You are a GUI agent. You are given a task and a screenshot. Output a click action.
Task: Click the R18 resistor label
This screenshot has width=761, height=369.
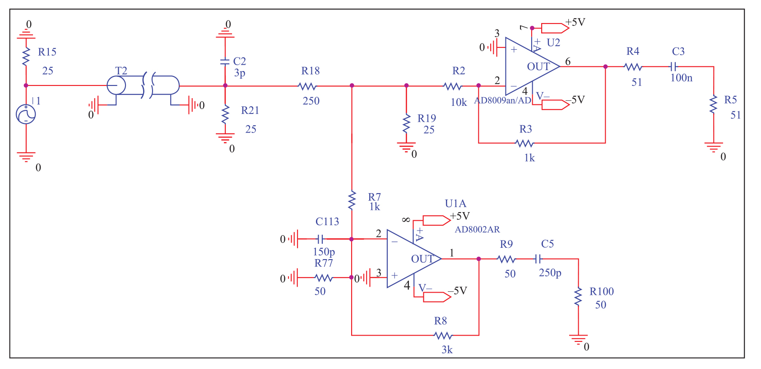[311, 71]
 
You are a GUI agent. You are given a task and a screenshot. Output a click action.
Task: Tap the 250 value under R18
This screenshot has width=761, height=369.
[311, 101]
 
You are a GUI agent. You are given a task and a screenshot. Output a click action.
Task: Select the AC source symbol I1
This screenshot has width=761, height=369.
[26, 114]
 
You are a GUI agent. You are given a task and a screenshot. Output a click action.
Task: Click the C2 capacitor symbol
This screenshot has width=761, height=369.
[225, 61]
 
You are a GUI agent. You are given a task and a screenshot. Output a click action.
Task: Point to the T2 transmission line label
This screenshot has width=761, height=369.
[121, 71]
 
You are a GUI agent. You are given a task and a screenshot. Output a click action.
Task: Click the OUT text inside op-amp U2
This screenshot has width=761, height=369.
[538, 67]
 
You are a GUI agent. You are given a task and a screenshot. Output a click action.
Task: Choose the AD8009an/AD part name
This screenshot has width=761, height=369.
[502, 100]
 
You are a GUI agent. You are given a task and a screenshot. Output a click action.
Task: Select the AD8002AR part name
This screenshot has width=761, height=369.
[477, 230]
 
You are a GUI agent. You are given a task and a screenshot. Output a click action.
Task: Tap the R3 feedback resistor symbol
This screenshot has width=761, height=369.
[524, 143]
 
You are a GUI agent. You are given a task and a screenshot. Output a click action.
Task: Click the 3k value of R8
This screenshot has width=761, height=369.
[447, 350]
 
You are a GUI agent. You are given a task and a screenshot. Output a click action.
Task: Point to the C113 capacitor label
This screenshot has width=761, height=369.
[327, 222]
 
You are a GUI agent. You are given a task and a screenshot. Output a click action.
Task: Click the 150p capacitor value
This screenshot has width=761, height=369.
[324, 252]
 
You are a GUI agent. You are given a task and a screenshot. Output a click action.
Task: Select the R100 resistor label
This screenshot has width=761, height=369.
[602, 292]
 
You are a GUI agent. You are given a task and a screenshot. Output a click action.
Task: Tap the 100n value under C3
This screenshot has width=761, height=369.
[681, 78]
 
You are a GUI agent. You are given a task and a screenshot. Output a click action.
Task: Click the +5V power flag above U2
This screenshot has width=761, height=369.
[555, 28]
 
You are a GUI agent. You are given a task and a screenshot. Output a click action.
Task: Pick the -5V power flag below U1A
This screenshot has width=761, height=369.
[437, 297]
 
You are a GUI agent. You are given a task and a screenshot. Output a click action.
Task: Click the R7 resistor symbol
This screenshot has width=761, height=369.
[352, 200]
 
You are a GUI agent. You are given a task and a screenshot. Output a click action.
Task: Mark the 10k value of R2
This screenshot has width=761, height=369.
[459, 103]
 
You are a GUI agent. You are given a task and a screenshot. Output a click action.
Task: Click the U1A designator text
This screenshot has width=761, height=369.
[455, 203]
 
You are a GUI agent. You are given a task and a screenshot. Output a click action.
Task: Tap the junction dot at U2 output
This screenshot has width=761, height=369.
[605, 67]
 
